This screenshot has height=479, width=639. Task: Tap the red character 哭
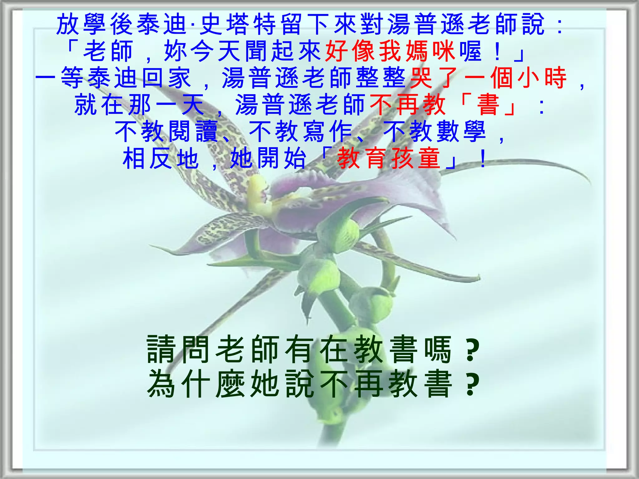click(x=422, y=78)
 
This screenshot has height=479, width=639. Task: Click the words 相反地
click(x=160, y=159)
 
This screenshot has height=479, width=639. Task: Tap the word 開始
click(x=281, y=159)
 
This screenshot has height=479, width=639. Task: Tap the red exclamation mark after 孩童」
click(x=483, y=159)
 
